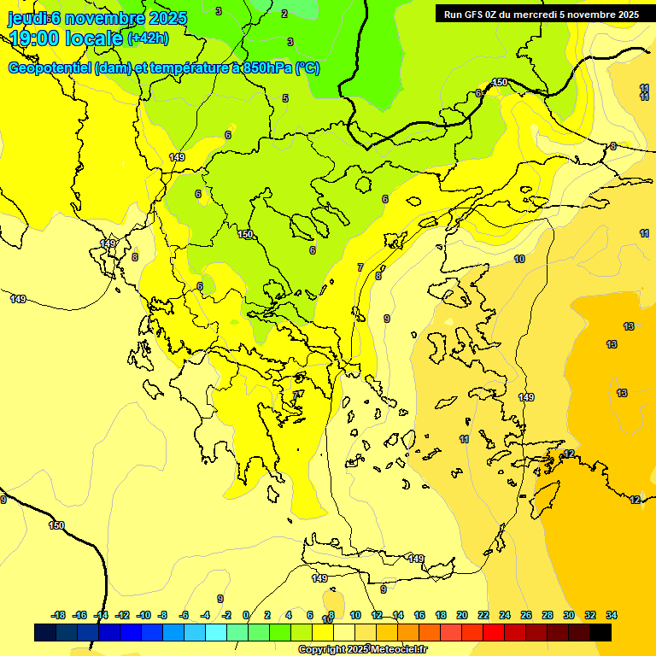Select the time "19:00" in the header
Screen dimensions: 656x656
point(37,38)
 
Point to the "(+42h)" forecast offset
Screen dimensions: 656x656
point(148,38)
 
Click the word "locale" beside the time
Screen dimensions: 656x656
point(96,38)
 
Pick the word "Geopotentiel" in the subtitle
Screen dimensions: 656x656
point(50,68)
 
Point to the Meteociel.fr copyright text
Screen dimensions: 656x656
point(362,650)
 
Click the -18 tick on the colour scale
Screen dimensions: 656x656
point(59,615)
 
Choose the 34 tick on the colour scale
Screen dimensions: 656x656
point(612,615)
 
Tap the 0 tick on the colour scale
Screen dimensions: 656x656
point(246,615)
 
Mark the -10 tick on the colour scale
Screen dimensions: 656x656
point(143,615)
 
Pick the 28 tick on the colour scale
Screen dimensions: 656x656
point(548,615)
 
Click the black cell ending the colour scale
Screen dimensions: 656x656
point(600,633)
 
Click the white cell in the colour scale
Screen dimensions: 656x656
point(344,633)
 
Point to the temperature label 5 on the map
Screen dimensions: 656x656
point(285,98)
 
